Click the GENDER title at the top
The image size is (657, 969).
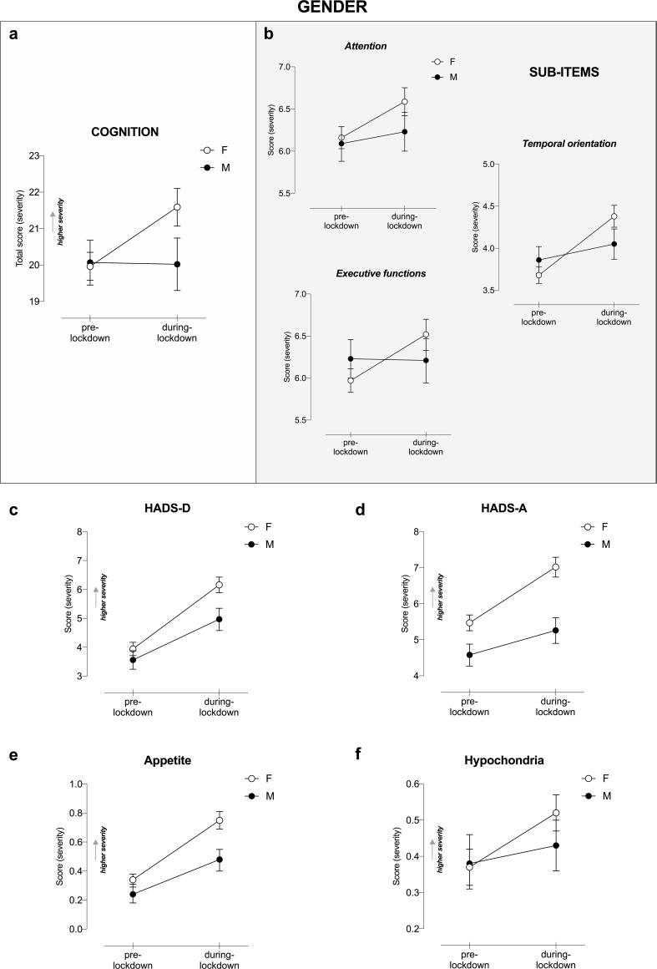click(327, 10)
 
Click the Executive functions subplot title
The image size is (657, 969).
click(380, 273)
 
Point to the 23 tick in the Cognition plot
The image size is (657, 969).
click(34, 156)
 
